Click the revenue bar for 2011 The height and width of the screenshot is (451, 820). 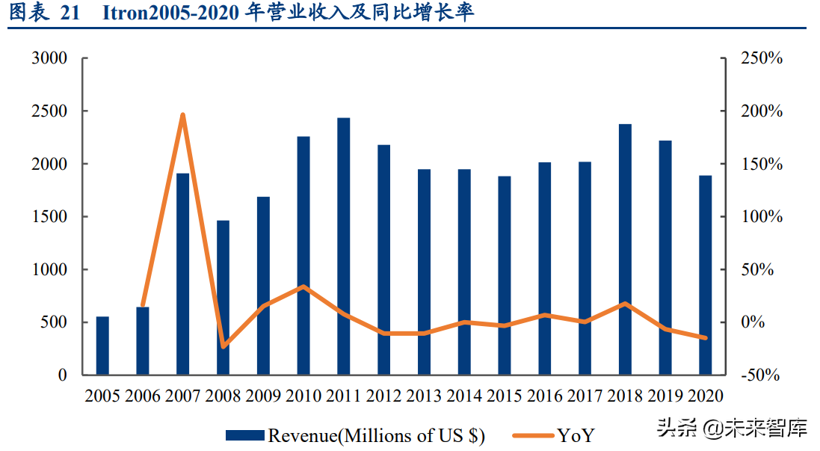click(343, 246)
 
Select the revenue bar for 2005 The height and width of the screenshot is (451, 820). click(102, 346)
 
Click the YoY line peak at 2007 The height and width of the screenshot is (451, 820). click(182, 114)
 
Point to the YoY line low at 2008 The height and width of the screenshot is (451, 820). click(223, 346)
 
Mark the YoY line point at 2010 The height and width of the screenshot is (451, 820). click(303, 286)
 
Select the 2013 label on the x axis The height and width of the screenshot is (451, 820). click(424, 396)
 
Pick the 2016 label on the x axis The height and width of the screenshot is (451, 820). click(545, 396)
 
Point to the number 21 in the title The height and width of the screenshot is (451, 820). click(69, 13)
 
